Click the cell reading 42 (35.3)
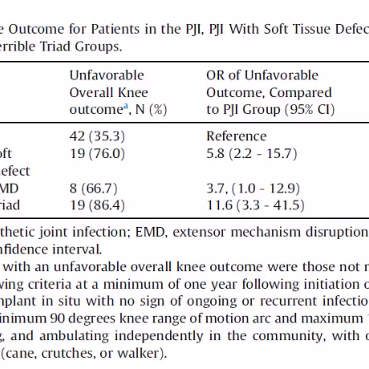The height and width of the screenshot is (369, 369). [97, 136]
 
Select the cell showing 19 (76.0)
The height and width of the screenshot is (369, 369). [97, 153]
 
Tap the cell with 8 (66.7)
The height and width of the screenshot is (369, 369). [93, 189]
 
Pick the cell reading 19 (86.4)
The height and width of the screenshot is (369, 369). [97, 205]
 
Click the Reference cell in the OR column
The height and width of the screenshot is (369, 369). [237, 136]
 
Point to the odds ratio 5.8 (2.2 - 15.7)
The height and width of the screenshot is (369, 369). [252, 153]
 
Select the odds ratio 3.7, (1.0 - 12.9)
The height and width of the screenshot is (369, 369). [253, 189]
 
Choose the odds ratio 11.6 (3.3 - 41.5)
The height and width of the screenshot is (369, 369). [255, 205]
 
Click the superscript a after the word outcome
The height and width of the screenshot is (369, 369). [125, 106]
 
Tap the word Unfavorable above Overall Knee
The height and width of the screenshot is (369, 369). [107, 75]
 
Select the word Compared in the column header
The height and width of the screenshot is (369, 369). [300, 93]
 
